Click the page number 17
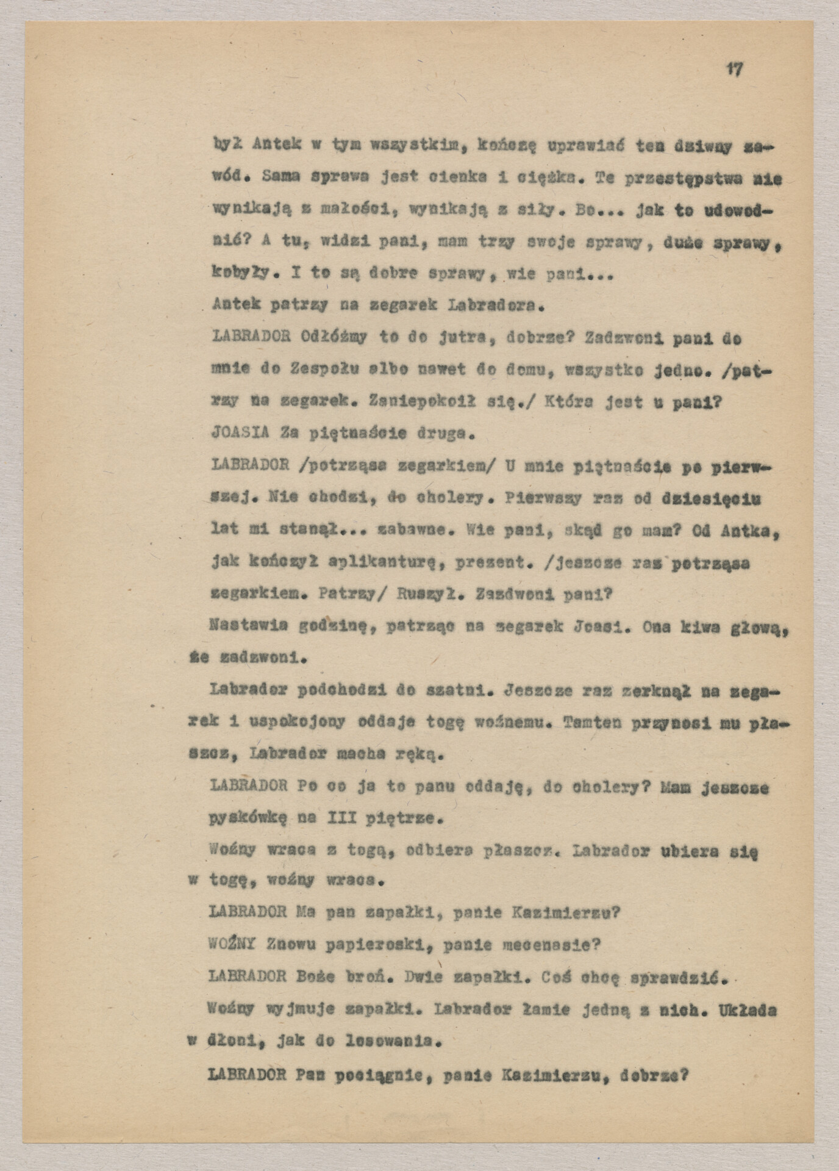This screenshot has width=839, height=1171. (734, 70)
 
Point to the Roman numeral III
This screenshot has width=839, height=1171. (346, 818)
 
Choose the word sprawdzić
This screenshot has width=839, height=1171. (677, 977)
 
